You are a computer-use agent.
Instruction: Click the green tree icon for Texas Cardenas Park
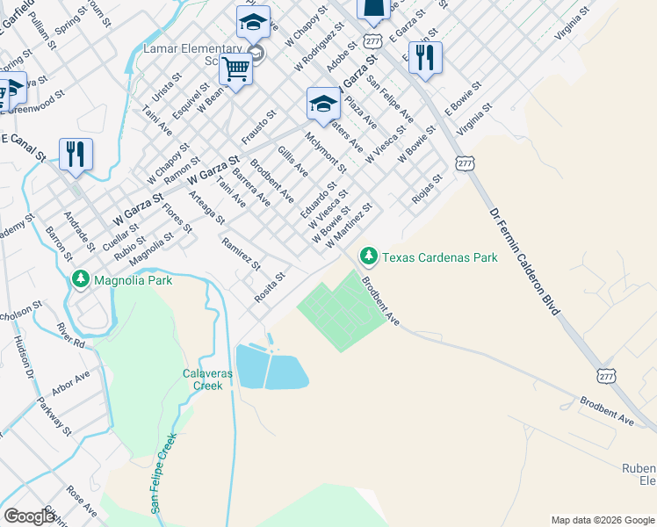tap(368, 256)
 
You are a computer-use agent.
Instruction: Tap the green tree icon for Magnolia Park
tap(82, 279)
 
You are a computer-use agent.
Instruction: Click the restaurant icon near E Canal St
tap(76, 154)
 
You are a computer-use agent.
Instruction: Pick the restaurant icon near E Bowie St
tap(425, 57)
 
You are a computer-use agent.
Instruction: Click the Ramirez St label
tap(241, 253)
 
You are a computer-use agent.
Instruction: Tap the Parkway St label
tap(54, 416)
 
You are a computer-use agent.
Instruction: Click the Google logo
tap(30, 516)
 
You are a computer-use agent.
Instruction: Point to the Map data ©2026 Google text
tap(603, 520)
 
